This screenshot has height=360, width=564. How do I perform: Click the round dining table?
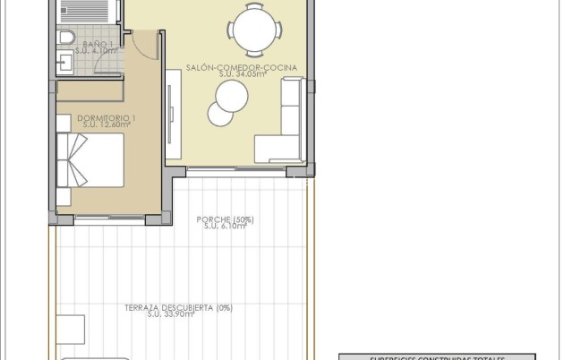point(250,27)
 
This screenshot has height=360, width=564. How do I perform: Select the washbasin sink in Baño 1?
point(65,62)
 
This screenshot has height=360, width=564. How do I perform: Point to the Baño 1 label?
point(97,44)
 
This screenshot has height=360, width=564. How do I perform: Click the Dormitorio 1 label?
point(107,117)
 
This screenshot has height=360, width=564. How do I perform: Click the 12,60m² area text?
point(107,125)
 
